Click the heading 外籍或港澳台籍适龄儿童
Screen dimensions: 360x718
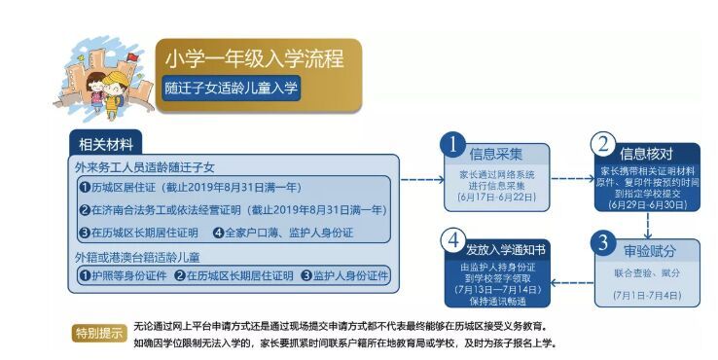tap(139, 257)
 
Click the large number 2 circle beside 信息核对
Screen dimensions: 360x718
tap(603, 144)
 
